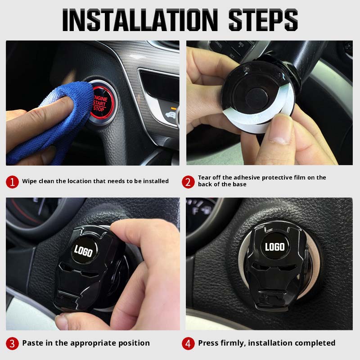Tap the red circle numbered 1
(12, 182)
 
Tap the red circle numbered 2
(188, 182)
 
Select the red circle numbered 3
(12, 343)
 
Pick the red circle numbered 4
(188, 343)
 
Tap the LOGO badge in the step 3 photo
(84, 251)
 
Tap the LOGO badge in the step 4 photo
(274, 247)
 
